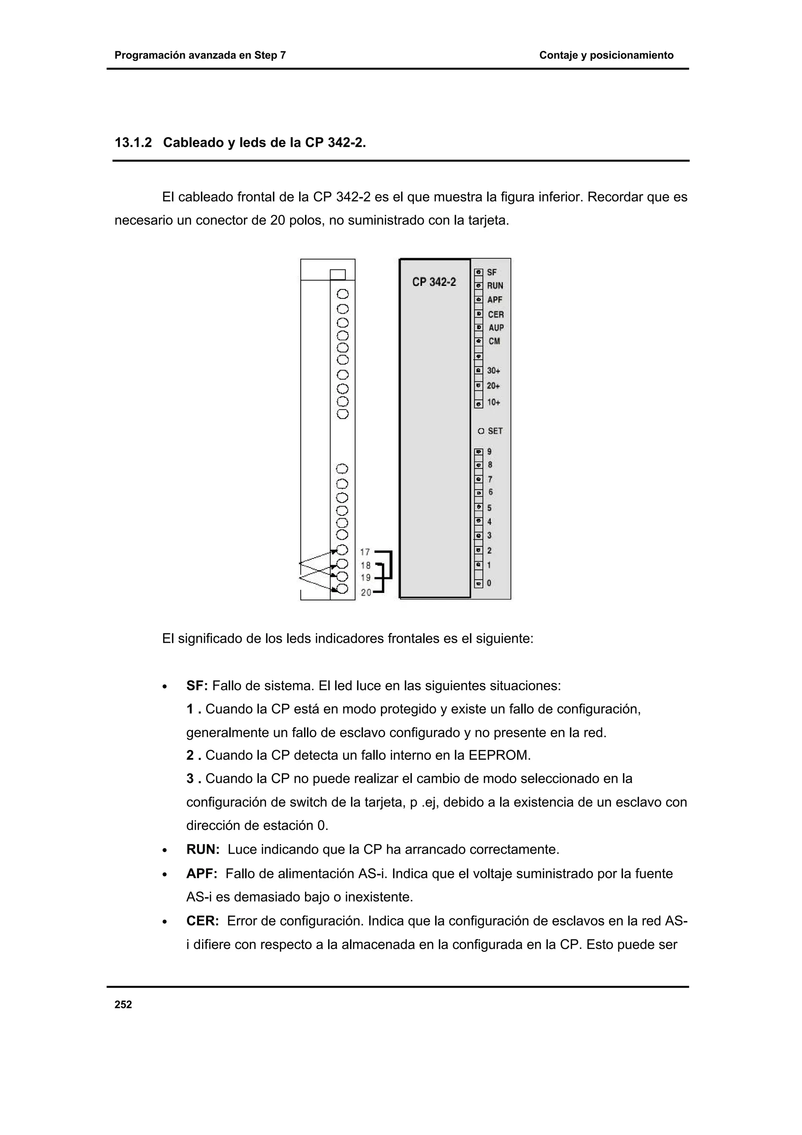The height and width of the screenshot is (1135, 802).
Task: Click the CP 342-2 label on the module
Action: (x=434, y=282)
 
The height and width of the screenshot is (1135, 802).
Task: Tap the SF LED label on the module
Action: (x=492, y=272)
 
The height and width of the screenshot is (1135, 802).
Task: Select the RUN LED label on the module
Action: (x=495, y=286)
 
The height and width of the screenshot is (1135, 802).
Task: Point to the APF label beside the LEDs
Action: (x=495, y=300)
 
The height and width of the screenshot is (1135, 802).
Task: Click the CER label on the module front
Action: (x=496, y=314)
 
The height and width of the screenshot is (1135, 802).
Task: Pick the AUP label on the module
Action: (x=496, y=328)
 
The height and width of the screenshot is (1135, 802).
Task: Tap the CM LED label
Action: (x=494, y=341)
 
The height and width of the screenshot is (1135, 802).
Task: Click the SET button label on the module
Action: (x=495, y=431)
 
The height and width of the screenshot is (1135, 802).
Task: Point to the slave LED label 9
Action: (x=489, y=451)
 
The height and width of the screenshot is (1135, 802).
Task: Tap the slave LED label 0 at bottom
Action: (x=489, y=583)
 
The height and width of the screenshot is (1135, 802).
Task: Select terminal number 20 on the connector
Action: (x=366, y=592)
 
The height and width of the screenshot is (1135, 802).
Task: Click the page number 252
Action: (x=123, y=1005)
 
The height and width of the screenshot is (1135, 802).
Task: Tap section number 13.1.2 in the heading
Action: (x=132, y=143)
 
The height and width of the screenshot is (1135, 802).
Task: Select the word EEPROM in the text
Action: (x=499, y=755)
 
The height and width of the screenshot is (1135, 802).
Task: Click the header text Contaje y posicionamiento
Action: (x=606, y=55)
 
